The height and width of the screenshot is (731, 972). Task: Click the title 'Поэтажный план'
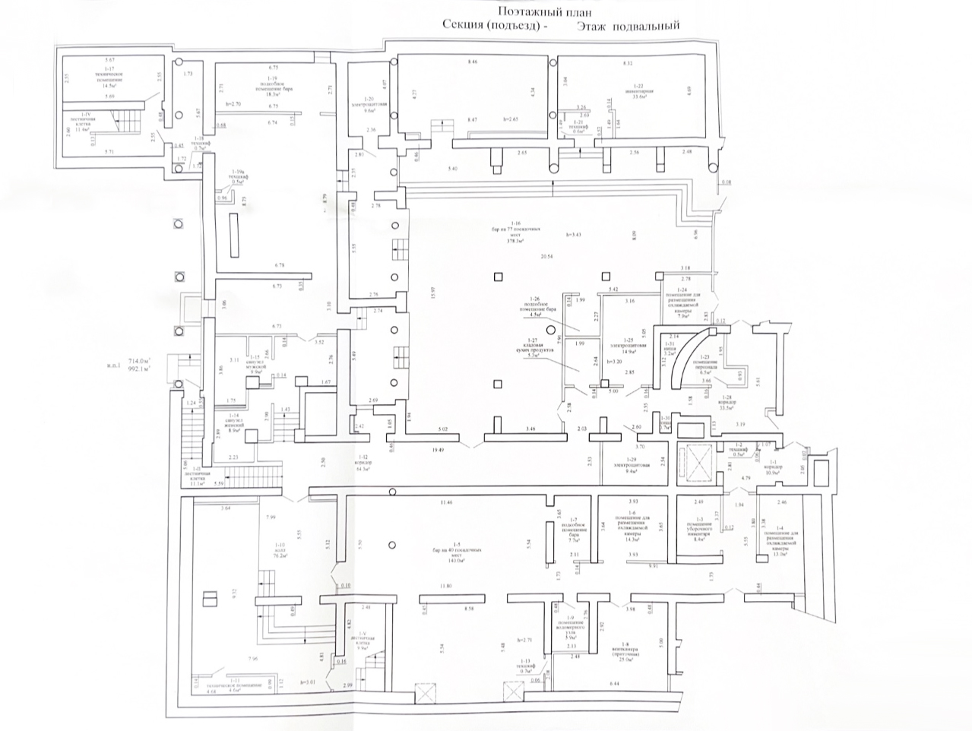[x=544, y=11]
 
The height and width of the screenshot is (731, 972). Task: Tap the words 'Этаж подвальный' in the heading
[x=628, y=26]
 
